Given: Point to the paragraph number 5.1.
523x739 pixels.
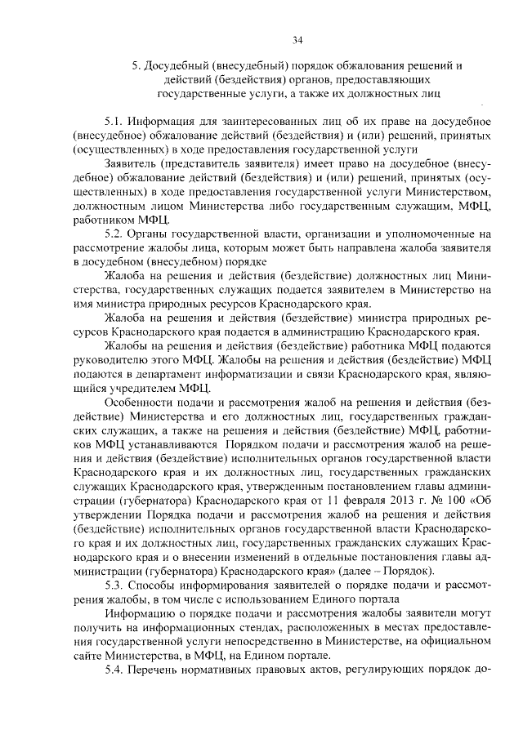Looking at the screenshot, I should point(118,121).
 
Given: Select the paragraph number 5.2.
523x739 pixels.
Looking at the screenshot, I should point(118,234).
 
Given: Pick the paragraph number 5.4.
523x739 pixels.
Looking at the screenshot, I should point(118,669).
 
